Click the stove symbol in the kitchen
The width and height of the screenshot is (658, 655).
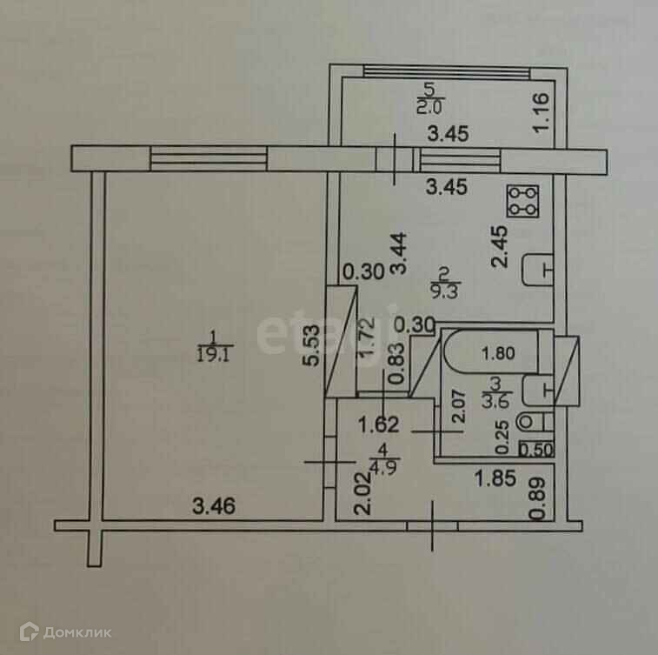tap(524, 201)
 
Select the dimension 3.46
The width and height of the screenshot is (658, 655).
tap(214, 503)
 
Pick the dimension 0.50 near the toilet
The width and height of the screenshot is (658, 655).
tap(535, 450)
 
